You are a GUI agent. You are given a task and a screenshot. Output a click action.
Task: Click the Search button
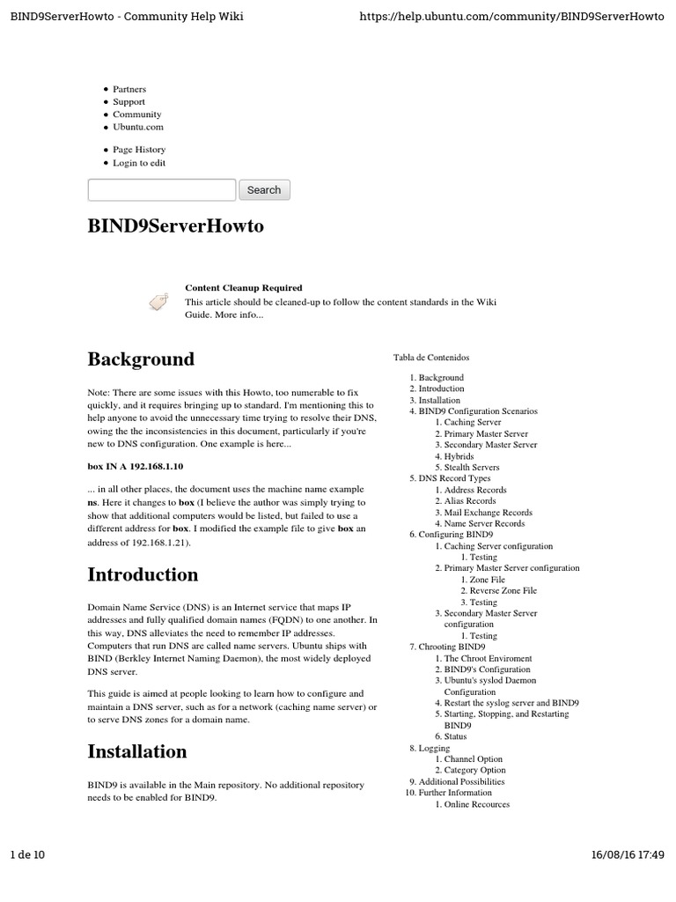point(263,190)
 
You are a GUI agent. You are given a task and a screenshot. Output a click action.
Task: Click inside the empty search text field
point(162,190)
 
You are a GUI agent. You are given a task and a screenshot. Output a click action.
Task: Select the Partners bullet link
point(129,89)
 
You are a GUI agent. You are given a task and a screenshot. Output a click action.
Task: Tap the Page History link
point(139,150)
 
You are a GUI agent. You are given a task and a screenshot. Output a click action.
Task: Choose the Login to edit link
point(139,163)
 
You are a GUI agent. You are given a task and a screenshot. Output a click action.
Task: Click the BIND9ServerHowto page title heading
point(175,226)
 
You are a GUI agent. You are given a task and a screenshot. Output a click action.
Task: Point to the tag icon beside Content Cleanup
point(158,301)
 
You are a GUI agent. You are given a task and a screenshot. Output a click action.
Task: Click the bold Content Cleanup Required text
point(243,288)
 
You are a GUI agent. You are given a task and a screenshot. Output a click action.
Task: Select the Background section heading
point(141,359)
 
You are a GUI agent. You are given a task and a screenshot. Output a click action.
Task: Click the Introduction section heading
point(143,575)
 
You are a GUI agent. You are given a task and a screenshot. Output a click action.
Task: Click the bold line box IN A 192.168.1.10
point(136,466)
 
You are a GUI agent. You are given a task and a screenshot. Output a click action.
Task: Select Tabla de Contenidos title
point(431,358)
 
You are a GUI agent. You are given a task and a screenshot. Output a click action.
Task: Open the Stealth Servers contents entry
point(472,468)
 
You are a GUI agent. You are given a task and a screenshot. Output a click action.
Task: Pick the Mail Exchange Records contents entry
point(488,512)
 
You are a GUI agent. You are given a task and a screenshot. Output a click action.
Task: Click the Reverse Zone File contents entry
point(503,591)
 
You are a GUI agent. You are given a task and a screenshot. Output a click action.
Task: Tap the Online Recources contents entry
point(476,804)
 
